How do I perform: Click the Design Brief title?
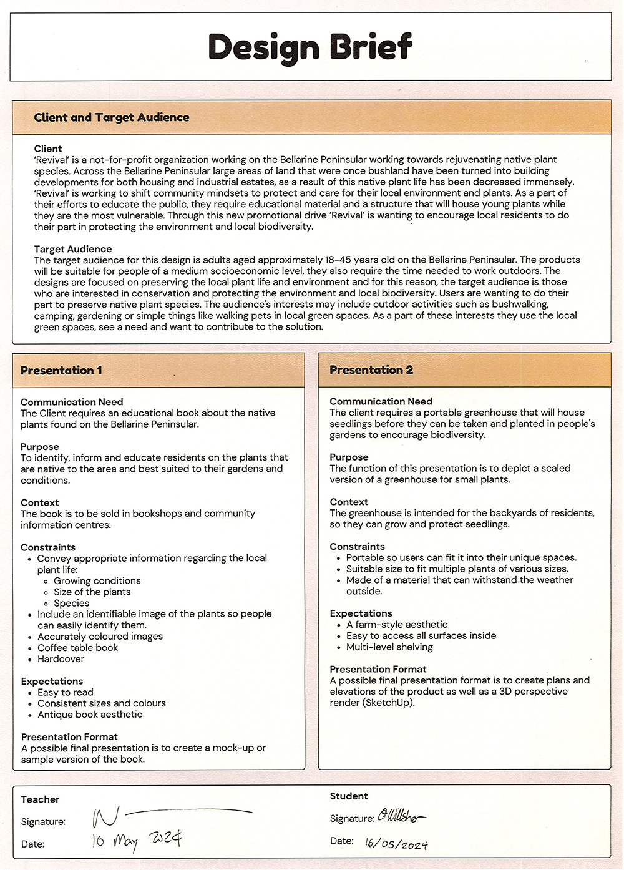tap(310, 47)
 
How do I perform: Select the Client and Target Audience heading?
tap(112, 117)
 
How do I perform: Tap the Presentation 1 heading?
tap(61, 370)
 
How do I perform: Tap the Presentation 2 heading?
tap(371, 369)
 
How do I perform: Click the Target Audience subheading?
tap(73, 249)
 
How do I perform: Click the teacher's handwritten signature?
tap(168, 815)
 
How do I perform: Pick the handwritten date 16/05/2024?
tap(397, 843)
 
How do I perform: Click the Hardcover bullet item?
tap(61, 659)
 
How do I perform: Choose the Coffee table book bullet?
tap(77, 648)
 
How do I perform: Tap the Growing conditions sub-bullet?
tap(97, 580)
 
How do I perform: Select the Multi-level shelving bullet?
tap(389, 647)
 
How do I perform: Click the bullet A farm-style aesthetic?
tap(397, 624)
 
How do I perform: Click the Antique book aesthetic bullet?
tap(90, 715)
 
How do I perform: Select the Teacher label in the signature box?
tap(40, 799)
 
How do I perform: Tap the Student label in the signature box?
tap(349, 796)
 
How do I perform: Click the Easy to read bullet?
tap(66, 692)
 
